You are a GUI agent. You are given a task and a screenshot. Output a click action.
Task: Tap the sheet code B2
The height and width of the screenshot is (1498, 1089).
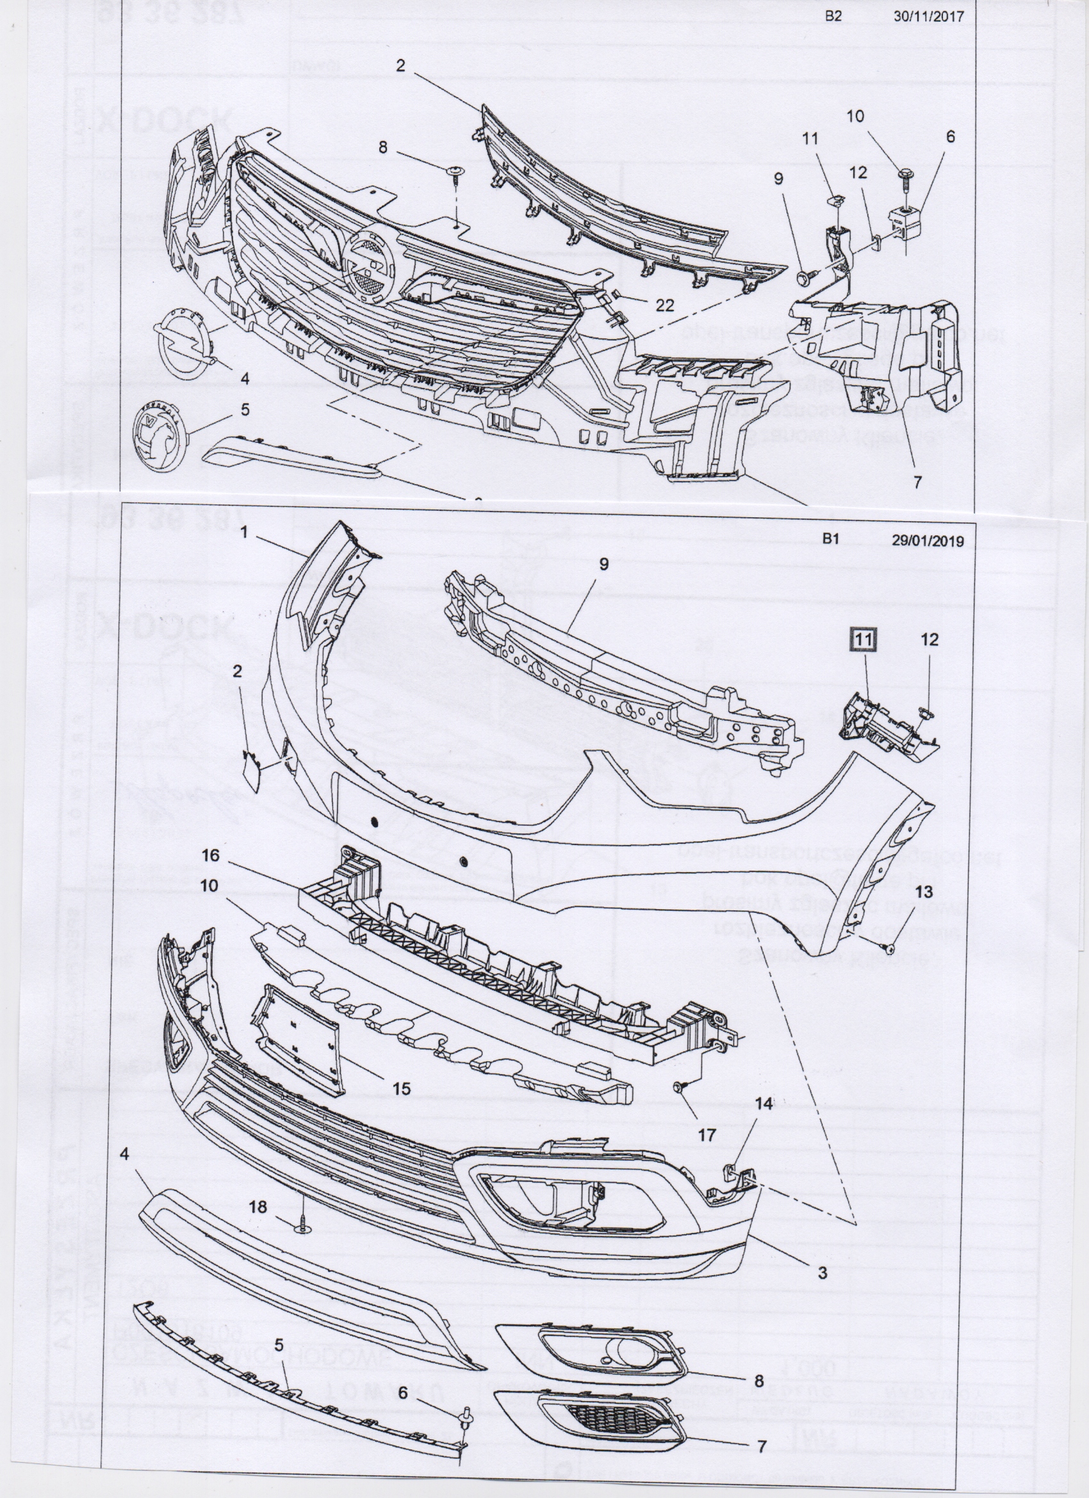coord(834,17)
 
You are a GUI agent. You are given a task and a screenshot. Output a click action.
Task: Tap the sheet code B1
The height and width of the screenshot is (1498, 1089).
coord(831,539)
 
